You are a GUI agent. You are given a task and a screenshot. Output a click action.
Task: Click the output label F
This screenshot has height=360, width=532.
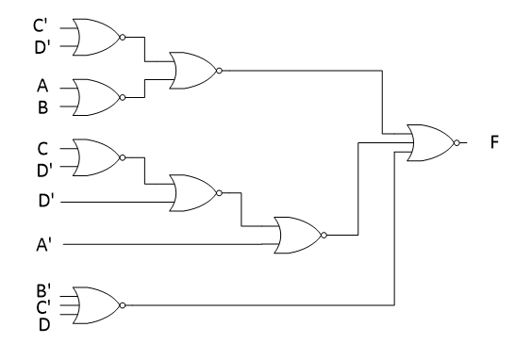[494, 143]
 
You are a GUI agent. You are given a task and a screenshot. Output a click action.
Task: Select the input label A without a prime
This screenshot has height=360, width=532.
[42, 87]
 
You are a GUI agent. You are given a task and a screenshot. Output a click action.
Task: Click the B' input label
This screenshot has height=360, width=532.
[43, 290]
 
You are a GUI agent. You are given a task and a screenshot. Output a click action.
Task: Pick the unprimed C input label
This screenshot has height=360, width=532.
[42, 148]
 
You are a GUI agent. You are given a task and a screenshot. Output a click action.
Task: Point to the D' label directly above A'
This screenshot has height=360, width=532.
[43, 202]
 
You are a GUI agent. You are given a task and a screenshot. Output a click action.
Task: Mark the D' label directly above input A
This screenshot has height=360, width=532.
[43, 46]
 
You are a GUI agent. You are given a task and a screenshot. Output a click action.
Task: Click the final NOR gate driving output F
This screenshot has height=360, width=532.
[429, 143]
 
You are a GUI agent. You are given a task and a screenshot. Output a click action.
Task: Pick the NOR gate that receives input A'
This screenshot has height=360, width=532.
[296, 235]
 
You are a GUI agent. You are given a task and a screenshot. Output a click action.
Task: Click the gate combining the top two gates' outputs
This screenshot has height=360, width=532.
[192, 70]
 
